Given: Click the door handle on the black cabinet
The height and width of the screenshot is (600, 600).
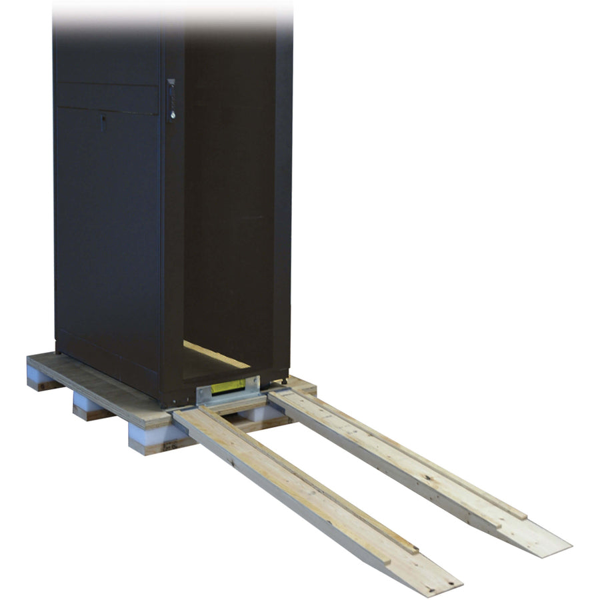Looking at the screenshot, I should (171, 100).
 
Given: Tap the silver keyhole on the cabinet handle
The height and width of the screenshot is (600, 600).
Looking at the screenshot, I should (173, 115).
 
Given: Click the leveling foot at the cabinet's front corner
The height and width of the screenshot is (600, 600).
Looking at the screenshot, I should (285, 381).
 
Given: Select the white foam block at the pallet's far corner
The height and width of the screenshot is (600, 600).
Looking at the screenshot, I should (37, 373).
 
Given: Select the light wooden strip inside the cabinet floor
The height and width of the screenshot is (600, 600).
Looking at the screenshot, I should (217, 355).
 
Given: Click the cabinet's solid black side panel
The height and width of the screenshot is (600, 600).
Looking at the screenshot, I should (107, 233).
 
